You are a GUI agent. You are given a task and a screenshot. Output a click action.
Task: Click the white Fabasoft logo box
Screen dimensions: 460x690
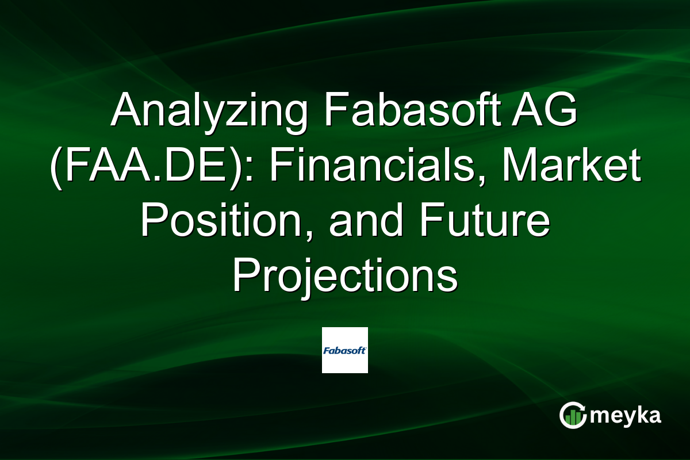coord(344,350)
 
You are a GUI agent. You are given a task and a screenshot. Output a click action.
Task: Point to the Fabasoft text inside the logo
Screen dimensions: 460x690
coord(344,350)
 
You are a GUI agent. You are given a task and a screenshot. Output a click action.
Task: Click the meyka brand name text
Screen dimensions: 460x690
coord(626,415)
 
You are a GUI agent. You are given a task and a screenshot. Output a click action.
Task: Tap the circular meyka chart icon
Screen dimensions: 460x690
coord(573,415)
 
